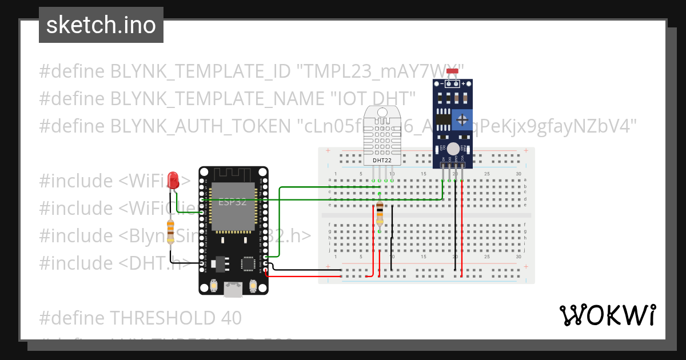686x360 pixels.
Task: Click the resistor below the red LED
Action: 170,231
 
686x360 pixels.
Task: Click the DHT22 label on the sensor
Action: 381,161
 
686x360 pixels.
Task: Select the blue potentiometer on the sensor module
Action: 461,120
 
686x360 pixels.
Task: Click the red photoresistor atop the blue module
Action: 452,72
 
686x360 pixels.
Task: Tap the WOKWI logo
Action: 607,315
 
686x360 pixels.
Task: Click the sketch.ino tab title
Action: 101,25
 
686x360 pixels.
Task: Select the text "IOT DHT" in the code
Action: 373,98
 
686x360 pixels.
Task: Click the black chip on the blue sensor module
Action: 441,119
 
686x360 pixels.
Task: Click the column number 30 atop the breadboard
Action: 518,174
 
